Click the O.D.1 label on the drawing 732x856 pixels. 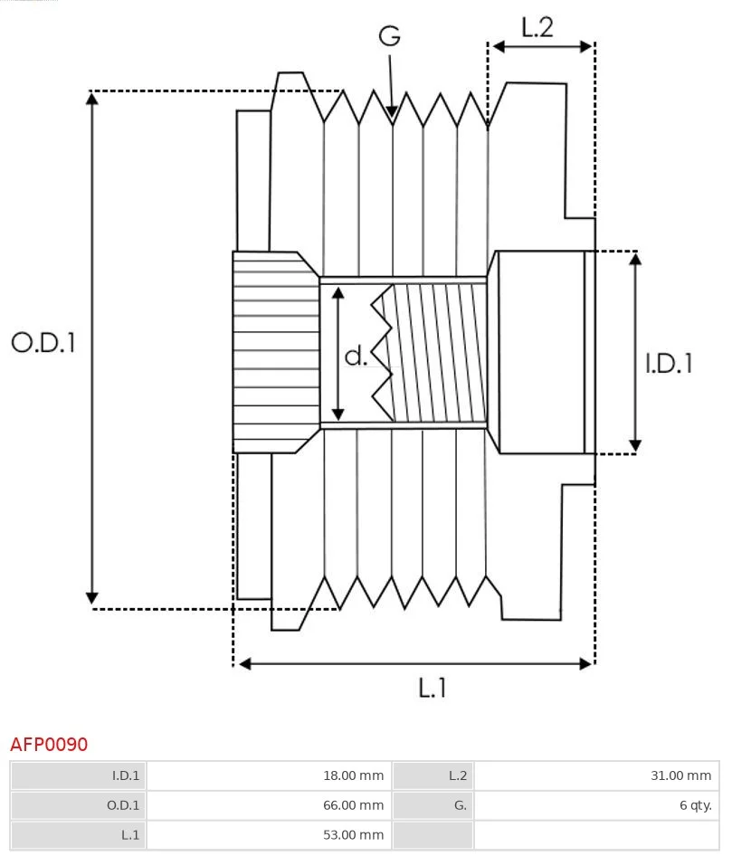tap(43, 342)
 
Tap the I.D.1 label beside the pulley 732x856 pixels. tap(669, 363)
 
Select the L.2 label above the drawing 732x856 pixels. tap(537, 27)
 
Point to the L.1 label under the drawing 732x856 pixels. tap(432, 688)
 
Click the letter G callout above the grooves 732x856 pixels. tap(390, 36)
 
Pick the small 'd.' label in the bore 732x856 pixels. tap(356, 356)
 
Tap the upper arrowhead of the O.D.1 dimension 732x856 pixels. tap(92, 99)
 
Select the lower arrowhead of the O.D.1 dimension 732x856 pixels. tap(92, 598)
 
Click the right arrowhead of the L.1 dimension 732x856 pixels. tap(586, 664)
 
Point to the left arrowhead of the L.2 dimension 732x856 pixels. tap(499, 47)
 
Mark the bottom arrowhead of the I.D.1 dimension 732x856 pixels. tap(635, 444)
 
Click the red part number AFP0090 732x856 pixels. tap(49, 744)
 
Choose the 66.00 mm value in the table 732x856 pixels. tap(353, 805)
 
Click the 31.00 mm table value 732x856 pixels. tap(680, 775)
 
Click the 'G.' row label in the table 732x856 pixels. tap(461, 805)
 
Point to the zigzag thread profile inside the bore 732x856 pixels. tap(382, 353)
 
